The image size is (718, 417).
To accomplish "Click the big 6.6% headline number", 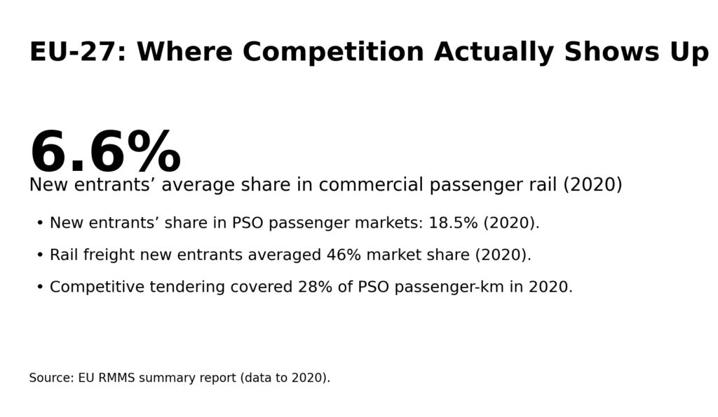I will point(105,153).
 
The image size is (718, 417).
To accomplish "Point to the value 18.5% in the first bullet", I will point(453,223).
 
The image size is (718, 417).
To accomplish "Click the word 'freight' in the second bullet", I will point(109,255).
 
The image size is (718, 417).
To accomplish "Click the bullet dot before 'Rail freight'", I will point(40,255).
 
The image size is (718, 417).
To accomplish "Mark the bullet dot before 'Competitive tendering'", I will point(40,287).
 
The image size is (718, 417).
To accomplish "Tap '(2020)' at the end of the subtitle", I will point(592,185).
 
